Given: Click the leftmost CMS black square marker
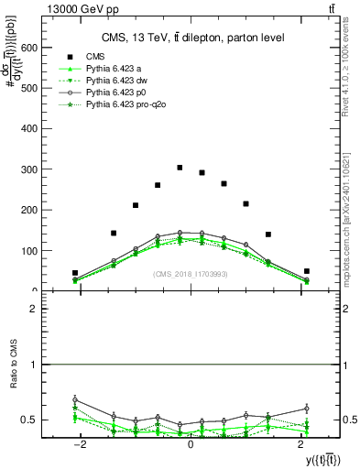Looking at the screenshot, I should [x=75, y=273].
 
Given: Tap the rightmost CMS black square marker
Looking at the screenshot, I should [x=307, y=271].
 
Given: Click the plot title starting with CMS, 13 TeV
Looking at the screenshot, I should [x=192, y=37].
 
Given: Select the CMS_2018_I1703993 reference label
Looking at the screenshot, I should [x=191, y=274].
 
